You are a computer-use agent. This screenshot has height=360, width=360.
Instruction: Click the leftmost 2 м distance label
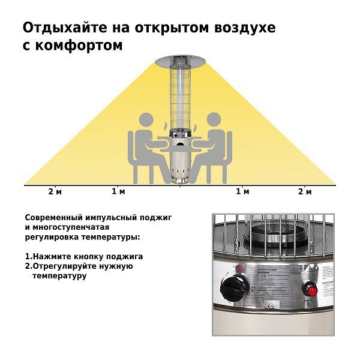click(55, 191)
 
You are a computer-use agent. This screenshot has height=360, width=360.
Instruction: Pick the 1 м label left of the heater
click(118, 191)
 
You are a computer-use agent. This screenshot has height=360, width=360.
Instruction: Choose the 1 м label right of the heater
click(242, 191)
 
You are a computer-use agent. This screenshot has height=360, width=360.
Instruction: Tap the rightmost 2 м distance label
click(305, 191)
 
